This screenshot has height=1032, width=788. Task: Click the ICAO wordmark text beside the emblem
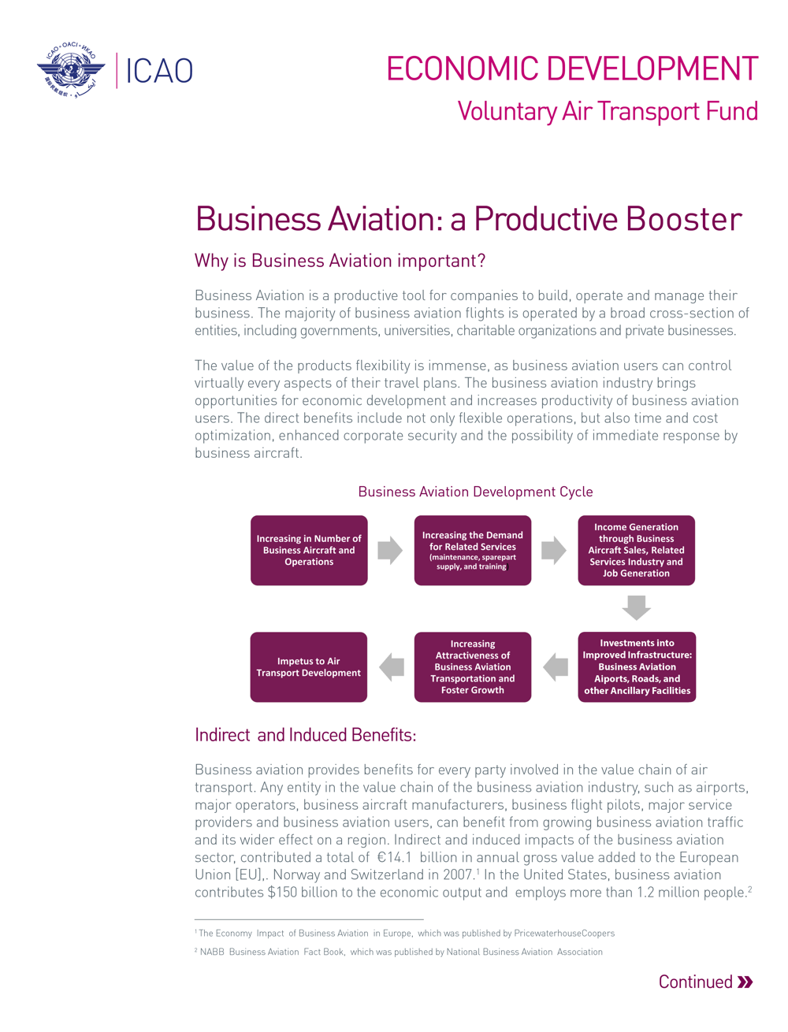(159, 71)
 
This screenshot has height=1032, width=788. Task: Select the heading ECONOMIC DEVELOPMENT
(572, 69)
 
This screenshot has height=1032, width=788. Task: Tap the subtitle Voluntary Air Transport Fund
(608, 111)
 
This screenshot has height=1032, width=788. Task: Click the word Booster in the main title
(684, 219)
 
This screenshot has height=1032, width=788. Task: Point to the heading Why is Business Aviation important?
(340, 261)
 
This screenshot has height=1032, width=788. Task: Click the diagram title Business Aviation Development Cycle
(475, 492)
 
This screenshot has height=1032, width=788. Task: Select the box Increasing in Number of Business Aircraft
(309, 550)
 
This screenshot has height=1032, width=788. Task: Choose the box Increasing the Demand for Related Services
(473, 550)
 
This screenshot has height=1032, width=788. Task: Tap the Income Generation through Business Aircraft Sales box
(636, 550)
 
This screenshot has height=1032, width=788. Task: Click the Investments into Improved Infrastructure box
(637, 666)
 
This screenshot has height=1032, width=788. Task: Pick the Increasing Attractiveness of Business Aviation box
(473, 666)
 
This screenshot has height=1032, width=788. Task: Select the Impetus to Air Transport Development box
(308, 666)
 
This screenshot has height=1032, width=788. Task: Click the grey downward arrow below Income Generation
(636, 608)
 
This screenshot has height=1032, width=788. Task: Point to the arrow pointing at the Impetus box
(392, 666)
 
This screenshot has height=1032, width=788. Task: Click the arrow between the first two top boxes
(390, 550)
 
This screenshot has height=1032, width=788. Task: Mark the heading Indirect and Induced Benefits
(306, 735)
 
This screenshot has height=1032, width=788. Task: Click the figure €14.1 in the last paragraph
(394, 857)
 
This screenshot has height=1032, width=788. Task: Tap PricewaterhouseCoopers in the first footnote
(564, 934)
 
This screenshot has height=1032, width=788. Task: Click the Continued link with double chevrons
(705, 982)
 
